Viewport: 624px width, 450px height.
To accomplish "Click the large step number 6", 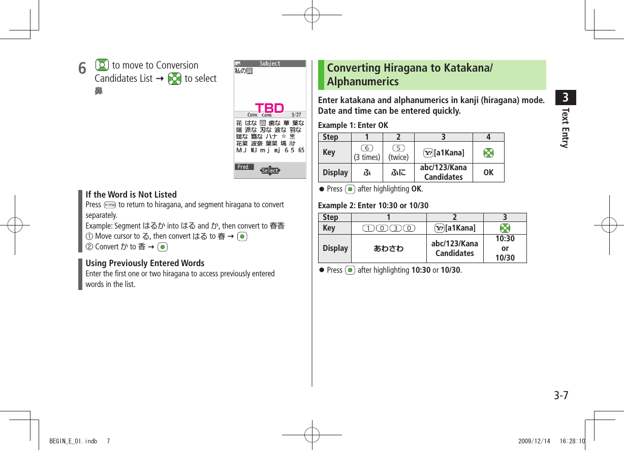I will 82,68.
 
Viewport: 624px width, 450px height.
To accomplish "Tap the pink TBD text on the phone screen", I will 269,108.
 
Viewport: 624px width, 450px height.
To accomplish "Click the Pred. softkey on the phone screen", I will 243,167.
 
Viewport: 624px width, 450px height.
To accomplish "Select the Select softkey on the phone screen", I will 270,171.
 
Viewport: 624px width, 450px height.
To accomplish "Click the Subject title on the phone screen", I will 270,63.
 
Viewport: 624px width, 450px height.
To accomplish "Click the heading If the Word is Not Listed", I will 131,195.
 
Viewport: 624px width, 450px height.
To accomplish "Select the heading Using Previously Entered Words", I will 145,263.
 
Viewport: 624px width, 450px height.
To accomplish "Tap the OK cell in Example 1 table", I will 488,173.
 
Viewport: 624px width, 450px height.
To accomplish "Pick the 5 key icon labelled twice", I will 399,148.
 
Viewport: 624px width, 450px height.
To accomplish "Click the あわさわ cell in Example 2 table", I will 389,248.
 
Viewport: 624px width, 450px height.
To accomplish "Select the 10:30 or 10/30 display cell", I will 505,248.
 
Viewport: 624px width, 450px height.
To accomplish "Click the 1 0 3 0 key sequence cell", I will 389,228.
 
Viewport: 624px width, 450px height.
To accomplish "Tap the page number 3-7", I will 561,396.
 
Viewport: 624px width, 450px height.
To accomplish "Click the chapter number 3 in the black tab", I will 565,97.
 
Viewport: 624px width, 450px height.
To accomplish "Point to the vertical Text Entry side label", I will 565,127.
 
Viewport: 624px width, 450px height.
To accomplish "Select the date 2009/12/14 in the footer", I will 534,441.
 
